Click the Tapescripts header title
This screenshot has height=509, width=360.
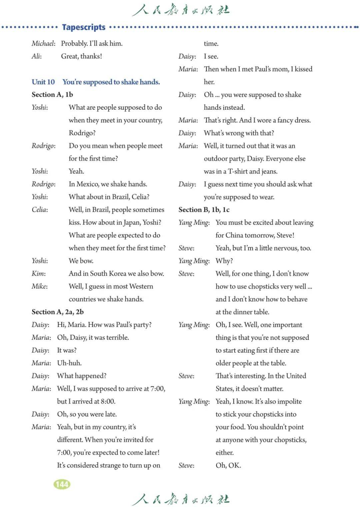(x=84, y=27)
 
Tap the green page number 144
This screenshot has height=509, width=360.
(x=62, y=484)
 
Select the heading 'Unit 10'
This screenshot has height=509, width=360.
(x=43, y=82)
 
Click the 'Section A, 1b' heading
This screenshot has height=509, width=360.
(x=52, y=94)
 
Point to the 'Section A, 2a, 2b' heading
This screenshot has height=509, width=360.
(x=58, y=312)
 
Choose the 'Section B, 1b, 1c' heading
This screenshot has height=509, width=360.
(x=204, y=209)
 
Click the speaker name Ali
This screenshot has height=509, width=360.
(x=36, y=56)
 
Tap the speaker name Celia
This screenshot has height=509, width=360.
(x=40, y=209)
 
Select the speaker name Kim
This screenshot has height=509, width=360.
(x=39, y=274)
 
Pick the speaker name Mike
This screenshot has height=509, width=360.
(x=40, y=286)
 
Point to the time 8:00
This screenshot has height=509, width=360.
(x=108, y=401)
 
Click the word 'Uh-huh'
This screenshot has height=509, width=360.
(x=69, y=363)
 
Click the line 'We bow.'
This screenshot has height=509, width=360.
(x=81, y=261)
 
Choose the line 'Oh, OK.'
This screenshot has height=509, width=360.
(x=228, y=465)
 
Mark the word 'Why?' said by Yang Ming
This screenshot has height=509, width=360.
(x=224, y=261)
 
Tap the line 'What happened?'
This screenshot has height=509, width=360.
(x=82, y=376)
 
